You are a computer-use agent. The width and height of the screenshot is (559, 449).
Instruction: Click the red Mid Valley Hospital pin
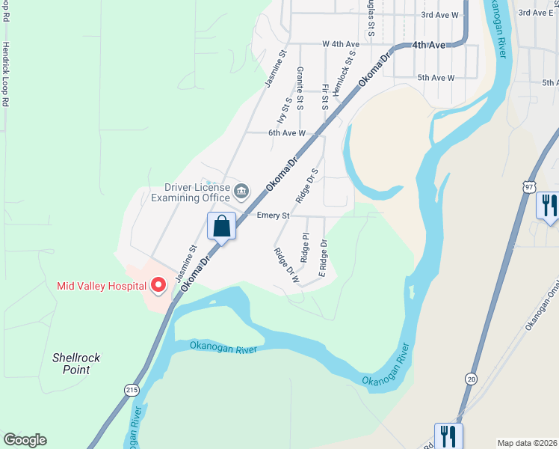point(158,285)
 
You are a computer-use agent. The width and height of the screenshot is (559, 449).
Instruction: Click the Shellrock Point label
point(76,364)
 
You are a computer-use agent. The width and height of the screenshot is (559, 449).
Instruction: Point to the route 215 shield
point(132,390)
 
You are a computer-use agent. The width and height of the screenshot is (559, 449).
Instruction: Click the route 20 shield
point(470,379)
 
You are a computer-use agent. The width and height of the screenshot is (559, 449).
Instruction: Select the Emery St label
point(273,216)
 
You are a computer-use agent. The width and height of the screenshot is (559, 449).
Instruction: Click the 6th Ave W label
point(287,133)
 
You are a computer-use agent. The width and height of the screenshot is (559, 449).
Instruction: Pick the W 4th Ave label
point(341,45)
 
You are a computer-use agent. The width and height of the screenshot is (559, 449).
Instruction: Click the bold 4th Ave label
point(429,45)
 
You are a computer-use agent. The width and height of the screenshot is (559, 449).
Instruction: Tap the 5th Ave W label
point(436,78)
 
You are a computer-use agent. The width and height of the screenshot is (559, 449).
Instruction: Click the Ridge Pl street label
point(306,247)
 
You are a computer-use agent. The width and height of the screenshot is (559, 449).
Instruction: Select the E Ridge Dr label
point(324,258)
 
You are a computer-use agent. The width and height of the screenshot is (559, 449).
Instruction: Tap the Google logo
point(25,440)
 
